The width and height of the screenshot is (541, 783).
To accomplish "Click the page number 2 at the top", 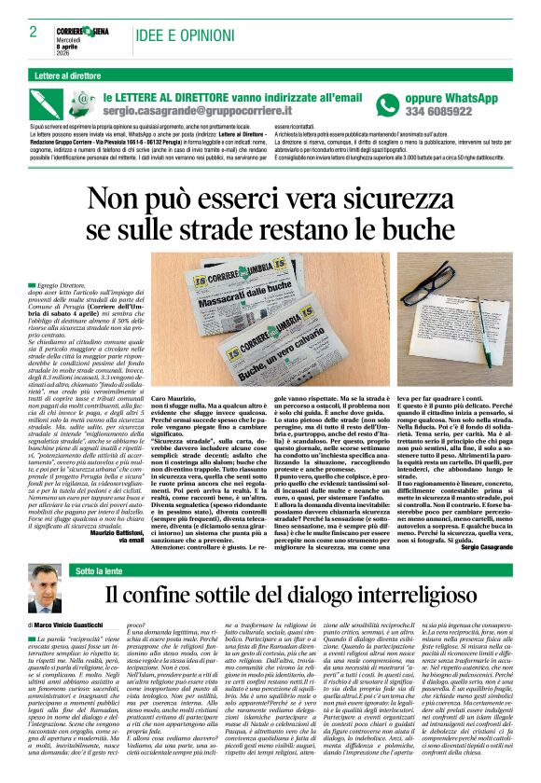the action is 34,31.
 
